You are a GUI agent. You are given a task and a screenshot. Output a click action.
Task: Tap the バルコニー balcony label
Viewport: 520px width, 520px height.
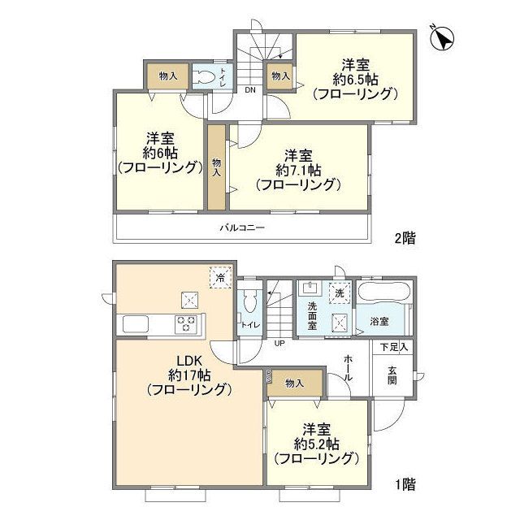tap(241, 228)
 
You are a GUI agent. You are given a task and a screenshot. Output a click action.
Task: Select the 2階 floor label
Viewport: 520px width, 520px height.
tap(405, 238)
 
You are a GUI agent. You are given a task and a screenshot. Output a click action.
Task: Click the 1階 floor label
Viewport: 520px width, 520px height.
tap(405, 485)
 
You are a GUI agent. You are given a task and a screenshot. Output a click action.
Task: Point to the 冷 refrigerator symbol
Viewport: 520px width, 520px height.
tap(219, 277)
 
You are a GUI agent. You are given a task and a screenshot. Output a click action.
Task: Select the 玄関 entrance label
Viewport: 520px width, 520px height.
tap(392, 375)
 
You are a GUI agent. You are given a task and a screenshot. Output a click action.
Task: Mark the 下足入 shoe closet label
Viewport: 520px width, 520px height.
tap(394, 347)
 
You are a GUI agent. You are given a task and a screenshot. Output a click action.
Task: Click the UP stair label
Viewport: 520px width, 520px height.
tap(278, 344)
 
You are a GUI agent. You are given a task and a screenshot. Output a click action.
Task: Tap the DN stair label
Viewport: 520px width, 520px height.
tap(250, 90)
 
